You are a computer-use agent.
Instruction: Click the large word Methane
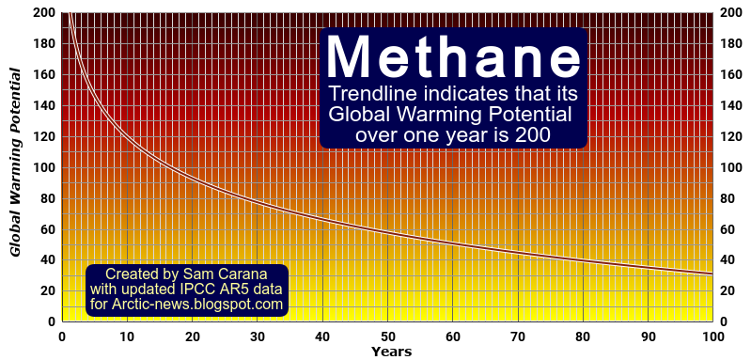click(454, 57)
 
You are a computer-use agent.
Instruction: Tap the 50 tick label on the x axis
click(388, 336)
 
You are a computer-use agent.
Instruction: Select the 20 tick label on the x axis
click(193, 336)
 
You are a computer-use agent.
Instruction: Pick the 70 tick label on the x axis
click(518, 336)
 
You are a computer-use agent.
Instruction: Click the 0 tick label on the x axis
click(62, 336)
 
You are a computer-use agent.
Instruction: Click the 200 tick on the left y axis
click(44, 13)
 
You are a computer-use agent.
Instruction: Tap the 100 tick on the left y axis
click(44, 167)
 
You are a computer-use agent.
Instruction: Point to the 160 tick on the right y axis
click(731, 75)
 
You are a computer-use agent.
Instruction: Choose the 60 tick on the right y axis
click(728, 228)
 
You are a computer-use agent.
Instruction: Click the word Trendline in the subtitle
click(368, 96)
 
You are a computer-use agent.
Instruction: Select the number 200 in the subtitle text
click(531, 135)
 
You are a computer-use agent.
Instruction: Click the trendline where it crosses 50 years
click(387, 230)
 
